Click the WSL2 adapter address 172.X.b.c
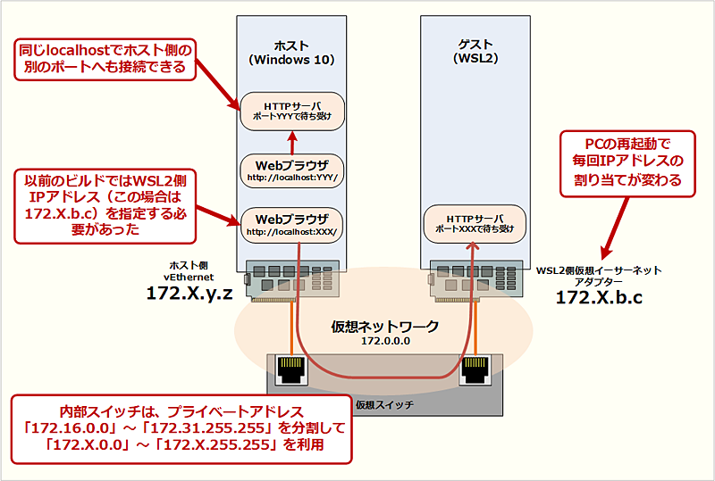[599, 297]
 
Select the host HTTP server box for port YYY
[292, 110]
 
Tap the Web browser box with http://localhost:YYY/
[292, 170]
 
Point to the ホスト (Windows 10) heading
[290, 53]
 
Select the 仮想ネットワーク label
[385, 327]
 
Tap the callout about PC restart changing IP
[620, 161]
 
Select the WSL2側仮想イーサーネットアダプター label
[598, 274]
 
